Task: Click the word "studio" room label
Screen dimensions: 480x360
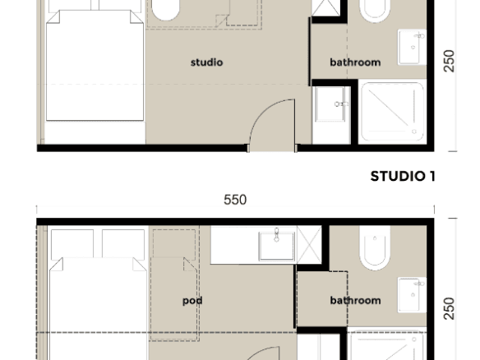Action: pyautogui.click(x=206, y=62)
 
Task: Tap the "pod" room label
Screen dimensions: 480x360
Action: pyautogui.click(x=192, y=301)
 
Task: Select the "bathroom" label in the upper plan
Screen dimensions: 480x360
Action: pyautogui.click(x=355, y=62)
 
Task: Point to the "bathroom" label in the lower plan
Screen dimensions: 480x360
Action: pyautogui.click(x=355, y=300)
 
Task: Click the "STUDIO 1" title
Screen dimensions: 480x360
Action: pyautogui.click(x=403, y=177)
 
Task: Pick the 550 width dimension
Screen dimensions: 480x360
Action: pyautogui.click(x=235, y=200)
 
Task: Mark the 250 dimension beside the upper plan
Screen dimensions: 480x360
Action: pyautogui.click(x=449, y=61)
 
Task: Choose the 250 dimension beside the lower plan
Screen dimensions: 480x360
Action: pyautogui.click(x=449, y=308)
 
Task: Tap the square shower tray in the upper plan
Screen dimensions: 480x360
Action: pyautogui.click(x=393, y=112)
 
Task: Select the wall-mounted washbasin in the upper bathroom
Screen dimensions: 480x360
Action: pyautogui.click(x=412, y=47)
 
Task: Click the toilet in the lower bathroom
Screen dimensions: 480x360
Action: pyautogui.click(x=375, y=248)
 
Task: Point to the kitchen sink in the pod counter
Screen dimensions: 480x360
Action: pyautogui.click(x=277, y=246)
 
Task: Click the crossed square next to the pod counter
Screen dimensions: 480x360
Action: pyautogui.click(x=309, y=245)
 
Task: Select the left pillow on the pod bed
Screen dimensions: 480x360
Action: pyautogui.click(x=72, y=244)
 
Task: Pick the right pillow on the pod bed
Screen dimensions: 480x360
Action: pyautogui.click(x=123, y=244)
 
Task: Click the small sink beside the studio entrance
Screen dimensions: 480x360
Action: pyautogui.click(x=331, y=104)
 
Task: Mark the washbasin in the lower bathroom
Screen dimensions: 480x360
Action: pyautogui.click(x=412, y=295)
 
